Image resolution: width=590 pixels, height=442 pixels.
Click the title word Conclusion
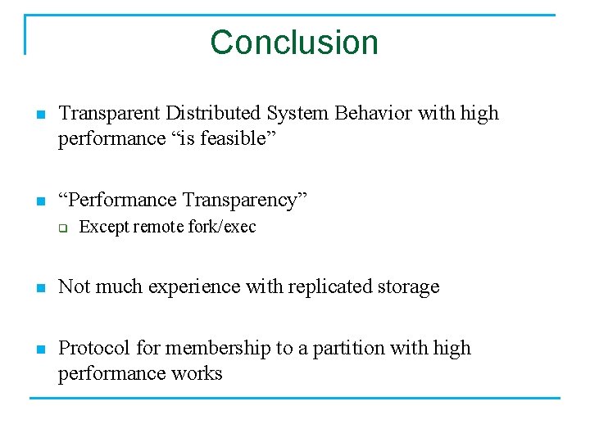click(294, 43)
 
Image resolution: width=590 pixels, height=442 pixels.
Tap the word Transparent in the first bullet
click(109, 113)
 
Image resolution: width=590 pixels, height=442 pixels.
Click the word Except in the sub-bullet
click(103, 227)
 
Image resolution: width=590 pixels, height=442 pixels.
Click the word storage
click(406, 286)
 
